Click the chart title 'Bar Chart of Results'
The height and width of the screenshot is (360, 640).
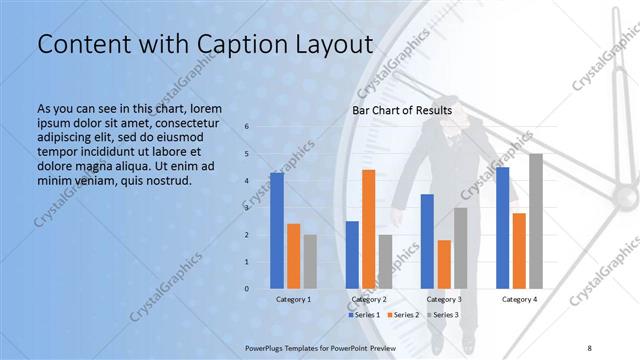click(401, 110)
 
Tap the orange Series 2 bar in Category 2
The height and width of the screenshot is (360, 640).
click(368, 229)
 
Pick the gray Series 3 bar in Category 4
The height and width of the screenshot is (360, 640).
click(536, 221)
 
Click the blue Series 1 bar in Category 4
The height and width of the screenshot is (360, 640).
click(502, 228)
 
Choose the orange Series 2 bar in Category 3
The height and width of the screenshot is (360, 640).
click(444, 264)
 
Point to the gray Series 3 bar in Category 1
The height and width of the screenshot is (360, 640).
click(310, 261)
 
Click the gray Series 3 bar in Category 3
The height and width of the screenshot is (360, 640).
click(460, 248)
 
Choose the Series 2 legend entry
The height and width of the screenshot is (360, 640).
click(402, 315)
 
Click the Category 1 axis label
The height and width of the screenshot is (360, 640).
click(293, 299)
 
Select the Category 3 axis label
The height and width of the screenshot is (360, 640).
click(444, 299)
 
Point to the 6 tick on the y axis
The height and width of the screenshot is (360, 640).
click(247, 127)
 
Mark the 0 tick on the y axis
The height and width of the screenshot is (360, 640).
click(247, 289)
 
